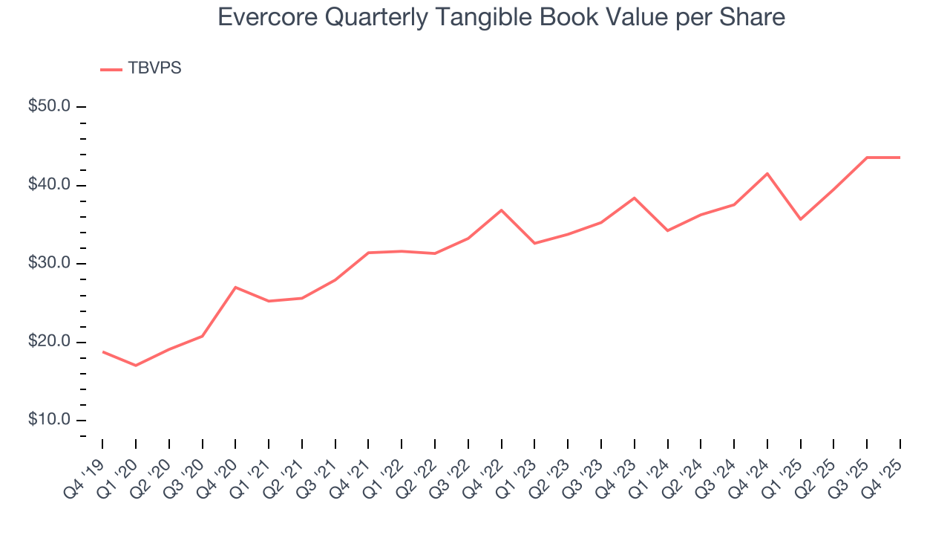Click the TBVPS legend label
tap(154, 68)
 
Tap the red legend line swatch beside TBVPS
tap(111, 70)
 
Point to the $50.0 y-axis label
tap(49, 106)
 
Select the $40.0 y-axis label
tap(49, 185)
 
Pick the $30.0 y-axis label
tap(49, 264)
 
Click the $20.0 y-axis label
tap(49, 342)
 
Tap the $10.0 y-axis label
tap(49, 421)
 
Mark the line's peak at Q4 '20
tap(235, 287)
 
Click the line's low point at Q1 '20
tap(136, 366)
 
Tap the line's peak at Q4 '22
tap(502, 210)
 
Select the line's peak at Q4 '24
tap(767, 173)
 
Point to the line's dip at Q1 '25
tap(801, 219)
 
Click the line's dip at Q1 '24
tap(668, 230)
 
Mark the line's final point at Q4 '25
tap(900, 158)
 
